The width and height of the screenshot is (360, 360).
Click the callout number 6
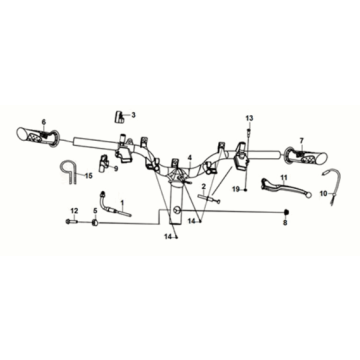[44, 121]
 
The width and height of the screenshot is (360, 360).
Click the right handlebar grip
[302, 155]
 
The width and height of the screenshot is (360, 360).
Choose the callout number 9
[116, 169]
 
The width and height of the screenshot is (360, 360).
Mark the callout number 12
[74, 208]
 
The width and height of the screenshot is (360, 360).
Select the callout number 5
[95, 209]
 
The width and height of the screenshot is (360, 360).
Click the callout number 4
[187, 157]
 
